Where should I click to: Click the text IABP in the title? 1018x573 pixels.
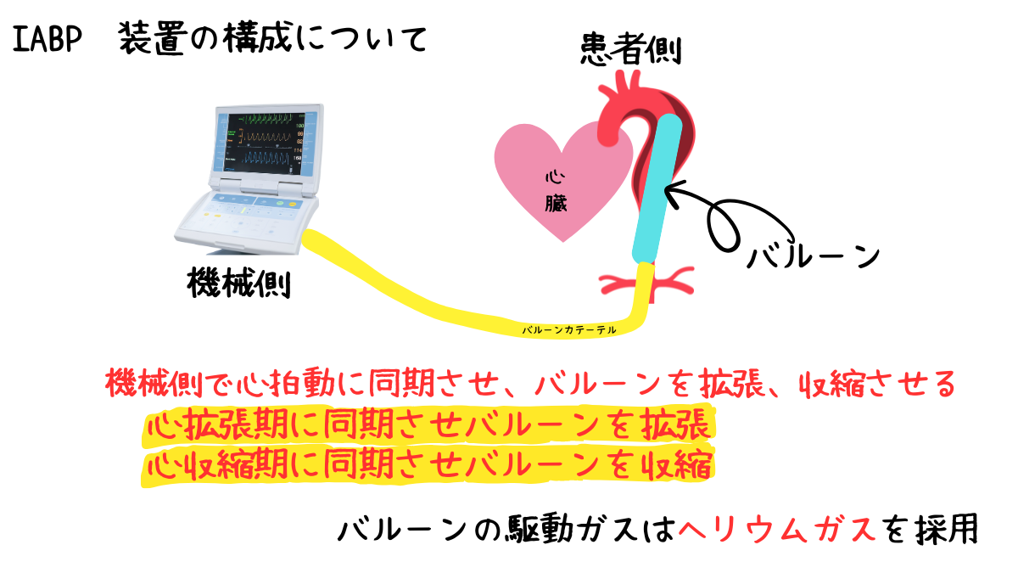pyautogui.click(x=48, y=39)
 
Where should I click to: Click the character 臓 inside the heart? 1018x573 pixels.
pyautogui.click(x=557, y=204)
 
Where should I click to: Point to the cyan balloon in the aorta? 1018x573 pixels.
pyautogui.click(x=657, y=187)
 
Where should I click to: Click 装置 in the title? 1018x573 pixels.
pyautogui.click(x=153, y=39)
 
